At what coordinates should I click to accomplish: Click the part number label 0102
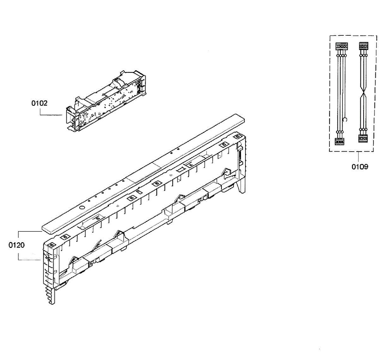[x=39, y=103]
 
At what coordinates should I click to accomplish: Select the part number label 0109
[x=360, y=166]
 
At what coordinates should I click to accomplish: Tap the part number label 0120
[x=17, y=245]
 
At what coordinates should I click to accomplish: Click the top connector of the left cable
[x=340, y=46]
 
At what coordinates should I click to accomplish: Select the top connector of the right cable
[x=364, y=46]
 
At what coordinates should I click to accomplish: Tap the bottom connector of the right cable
[x=363, y=138]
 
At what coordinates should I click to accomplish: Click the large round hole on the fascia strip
[x=81, y=208]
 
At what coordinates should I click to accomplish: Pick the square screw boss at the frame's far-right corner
[x=238, y=136]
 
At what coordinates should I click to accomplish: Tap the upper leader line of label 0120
[x=28, y=231]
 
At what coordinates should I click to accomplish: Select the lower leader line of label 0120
[x=28, y=260]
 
